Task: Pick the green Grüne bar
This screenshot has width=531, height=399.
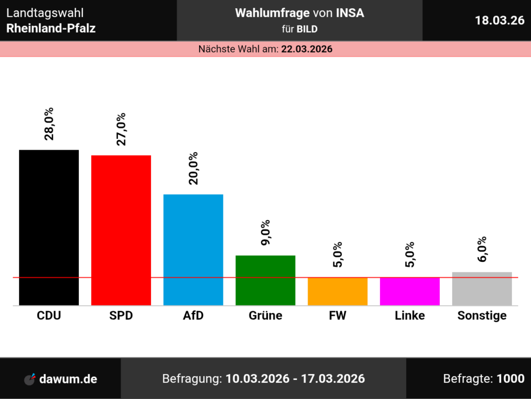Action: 265,280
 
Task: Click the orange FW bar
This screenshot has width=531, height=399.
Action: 337,291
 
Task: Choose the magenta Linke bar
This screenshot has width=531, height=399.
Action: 410,291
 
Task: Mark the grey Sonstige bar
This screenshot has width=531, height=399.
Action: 482,288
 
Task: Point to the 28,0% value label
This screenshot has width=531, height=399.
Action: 49,124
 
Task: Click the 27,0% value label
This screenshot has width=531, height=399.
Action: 121,129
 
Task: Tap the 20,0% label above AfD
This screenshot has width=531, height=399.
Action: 193,168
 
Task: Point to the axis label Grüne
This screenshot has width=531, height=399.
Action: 265,315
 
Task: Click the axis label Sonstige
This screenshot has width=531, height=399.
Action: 482,315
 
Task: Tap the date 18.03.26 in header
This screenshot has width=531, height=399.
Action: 499,20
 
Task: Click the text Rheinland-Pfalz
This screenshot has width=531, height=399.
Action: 51,28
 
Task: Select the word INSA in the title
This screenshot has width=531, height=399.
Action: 350,14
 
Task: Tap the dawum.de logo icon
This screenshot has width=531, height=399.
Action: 31,379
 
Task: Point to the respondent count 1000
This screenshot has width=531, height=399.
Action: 510,379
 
